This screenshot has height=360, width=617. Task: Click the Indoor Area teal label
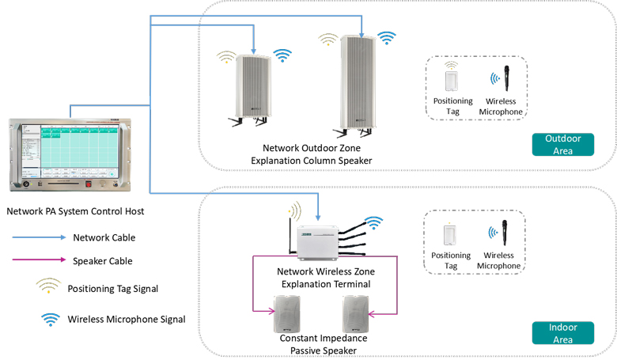click(x=562, y=332)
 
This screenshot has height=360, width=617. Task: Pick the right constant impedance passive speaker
click(x=358, y=313)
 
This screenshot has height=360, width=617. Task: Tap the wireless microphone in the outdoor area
click(x=500, y=81)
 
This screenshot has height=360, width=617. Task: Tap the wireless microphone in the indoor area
click(x=500, y=235)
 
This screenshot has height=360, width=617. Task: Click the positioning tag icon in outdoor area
click(x=452, y=81)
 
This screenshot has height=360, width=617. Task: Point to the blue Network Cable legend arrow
click(x=36, y=237)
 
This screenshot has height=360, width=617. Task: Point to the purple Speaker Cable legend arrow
click(x=36, y=260)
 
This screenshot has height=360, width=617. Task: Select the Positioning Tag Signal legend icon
click(x=48, y=287)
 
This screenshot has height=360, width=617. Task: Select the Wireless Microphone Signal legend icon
click(x=51, y=319)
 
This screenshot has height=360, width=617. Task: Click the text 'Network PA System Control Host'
click(x=75, y=211)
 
